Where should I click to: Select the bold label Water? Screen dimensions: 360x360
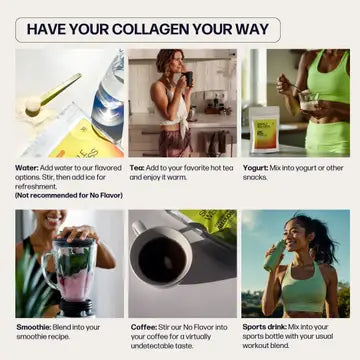pos(28,168)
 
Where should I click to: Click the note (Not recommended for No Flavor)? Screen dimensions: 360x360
pos(69,195)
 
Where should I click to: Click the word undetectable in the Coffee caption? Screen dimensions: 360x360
pos(169,345)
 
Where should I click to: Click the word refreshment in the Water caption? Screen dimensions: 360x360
pos(37,186)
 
